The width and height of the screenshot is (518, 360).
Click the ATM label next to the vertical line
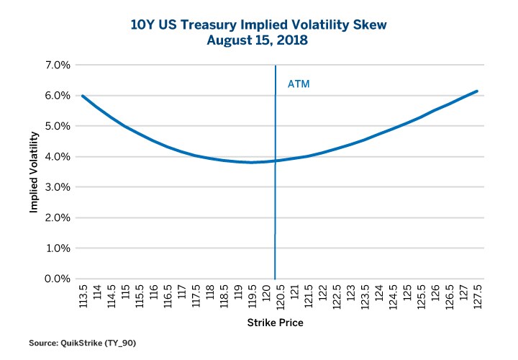coord(299,84)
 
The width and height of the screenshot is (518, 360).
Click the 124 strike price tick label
coord(378,294)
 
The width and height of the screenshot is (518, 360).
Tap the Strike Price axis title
coord(275,323)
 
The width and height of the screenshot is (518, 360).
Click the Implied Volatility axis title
coord(34,172)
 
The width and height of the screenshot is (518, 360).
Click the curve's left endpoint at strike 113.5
coord(83,96)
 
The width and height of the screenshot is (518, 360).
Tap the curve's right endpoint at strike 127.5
coord(477,91)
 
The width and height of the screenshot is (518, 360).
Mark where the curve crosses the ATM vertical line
coord(275,161)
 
